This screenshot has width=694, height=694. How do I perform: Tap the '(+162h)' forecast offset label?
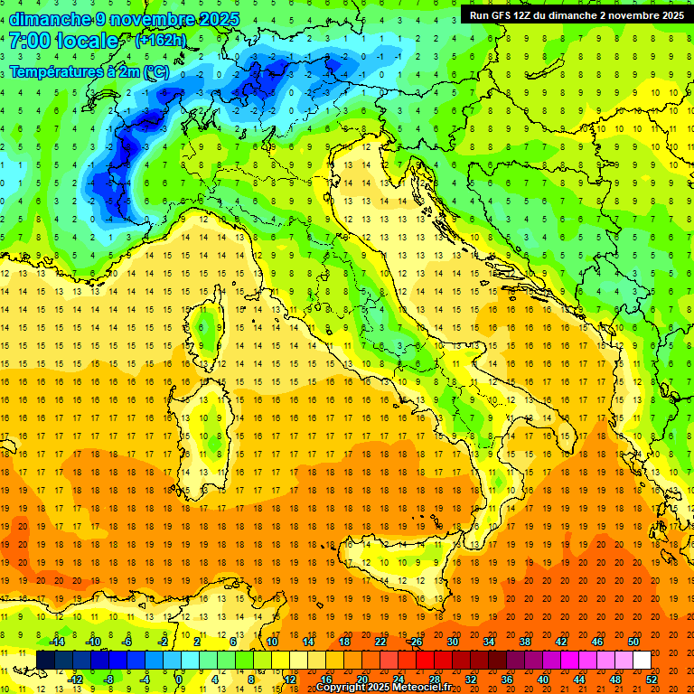click(x=162, y=41)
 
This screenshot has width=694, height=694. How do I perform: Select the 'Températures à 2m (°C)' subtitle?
click(x=89, y=71)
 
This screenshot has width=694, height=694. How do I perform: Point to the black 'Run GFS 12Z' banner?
click(x=576, y=15)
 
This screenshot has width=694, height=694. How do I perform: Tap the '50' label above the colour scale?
click(x=633, y=642)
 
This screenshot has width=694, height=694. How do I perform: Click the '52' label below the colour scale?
click(x=652, y=679)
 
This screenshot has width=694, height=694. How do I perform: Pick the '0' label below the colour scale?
click(x=179, y=679)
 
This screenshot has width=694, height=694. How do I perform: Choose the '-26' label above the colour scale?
click(x=415, y=642)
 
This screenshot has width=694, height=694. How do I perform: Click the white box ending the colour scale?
click(x=642, y=660)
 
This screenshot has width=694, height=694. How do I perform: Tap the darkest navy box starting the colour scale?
click(x=45, y=660)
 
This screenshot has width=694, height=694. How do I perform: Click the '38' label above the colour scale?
click(x=524, y=642)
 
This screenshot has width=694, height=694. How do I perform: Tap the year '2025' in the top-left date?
click(x=220, y=19)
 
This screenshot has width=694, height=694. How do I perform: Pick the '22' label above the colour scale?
click(x=380, y=642)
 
